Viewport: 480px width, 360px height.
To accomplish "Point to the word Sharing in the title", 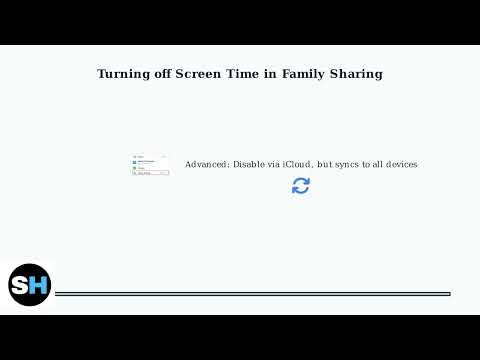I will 358,74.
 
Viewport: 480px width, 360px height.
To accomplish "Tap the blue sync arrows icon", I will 301,185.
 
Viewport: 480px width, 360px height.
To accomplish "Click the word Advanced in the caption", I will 207,164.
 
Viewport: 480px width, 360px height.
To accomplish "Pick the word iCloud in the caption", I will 297,164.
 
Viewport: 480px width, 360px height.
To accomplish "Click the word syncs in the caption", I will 346,164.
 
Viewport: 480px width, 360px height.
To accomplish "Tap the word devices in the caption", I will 399,164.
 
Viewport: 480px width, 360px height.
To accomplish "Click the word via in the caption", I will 275,164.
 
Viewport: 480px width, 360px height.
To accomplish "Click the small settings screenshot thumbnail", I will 150,165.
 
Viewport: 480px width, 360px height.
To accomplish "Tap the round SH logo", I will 30,285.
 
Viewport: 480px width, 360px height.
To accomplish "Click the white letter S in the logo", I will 22,286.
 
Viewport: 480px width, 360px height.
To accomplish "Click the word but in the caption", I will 324,164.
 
